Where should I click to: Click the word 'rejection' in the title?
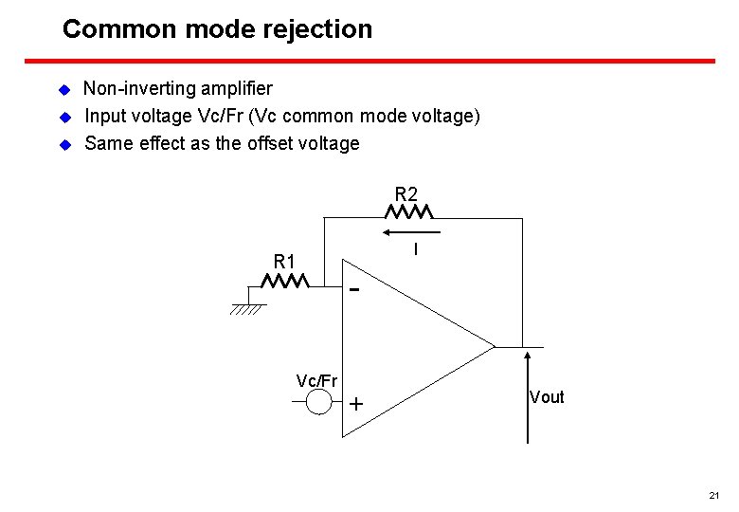(316, 29)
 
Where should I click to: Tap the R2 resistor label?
(406, 194)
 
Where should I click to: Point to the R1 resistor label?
(284, 261)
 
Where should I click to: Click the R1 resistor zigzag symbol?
(286, 282)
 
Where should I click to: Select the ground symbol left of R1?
(247, 307)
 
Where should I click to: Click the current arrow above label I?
(412, 231)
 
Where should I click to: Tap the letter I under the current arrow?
(415, 248)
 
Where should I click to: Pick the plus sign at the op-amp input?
(356, 404)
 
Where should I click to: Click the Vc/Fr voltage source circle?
(319, 403)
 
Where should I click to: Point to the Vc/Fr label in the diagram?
(316, 381)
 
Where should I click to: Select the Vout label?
(547, 397)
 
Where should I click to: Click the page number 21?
(714, 496)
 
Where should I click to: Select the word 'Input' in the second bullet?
(105, 117)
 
